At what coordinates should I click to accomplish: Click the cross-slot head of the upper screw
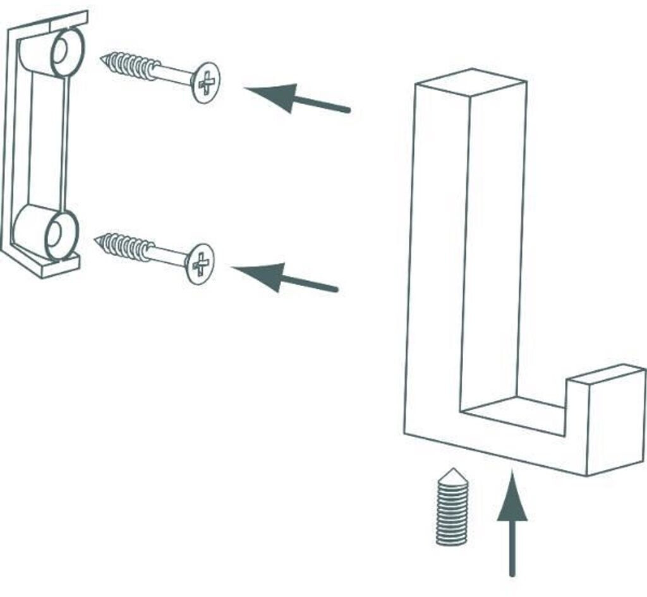[205, 82]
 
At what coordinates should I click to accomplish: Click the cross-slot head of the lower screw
[200, 263]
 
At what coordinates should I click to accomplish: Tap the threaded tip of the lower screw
[100, 240]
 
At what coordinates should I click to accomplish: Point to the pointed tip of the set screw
[452, 473]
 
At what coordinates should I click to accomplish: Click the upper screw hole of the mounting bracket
[63, 52]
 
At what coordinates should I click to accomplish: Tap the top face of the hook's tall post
[471, 82]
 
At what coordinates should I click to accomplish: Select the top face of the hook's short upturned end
[605, 375]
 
